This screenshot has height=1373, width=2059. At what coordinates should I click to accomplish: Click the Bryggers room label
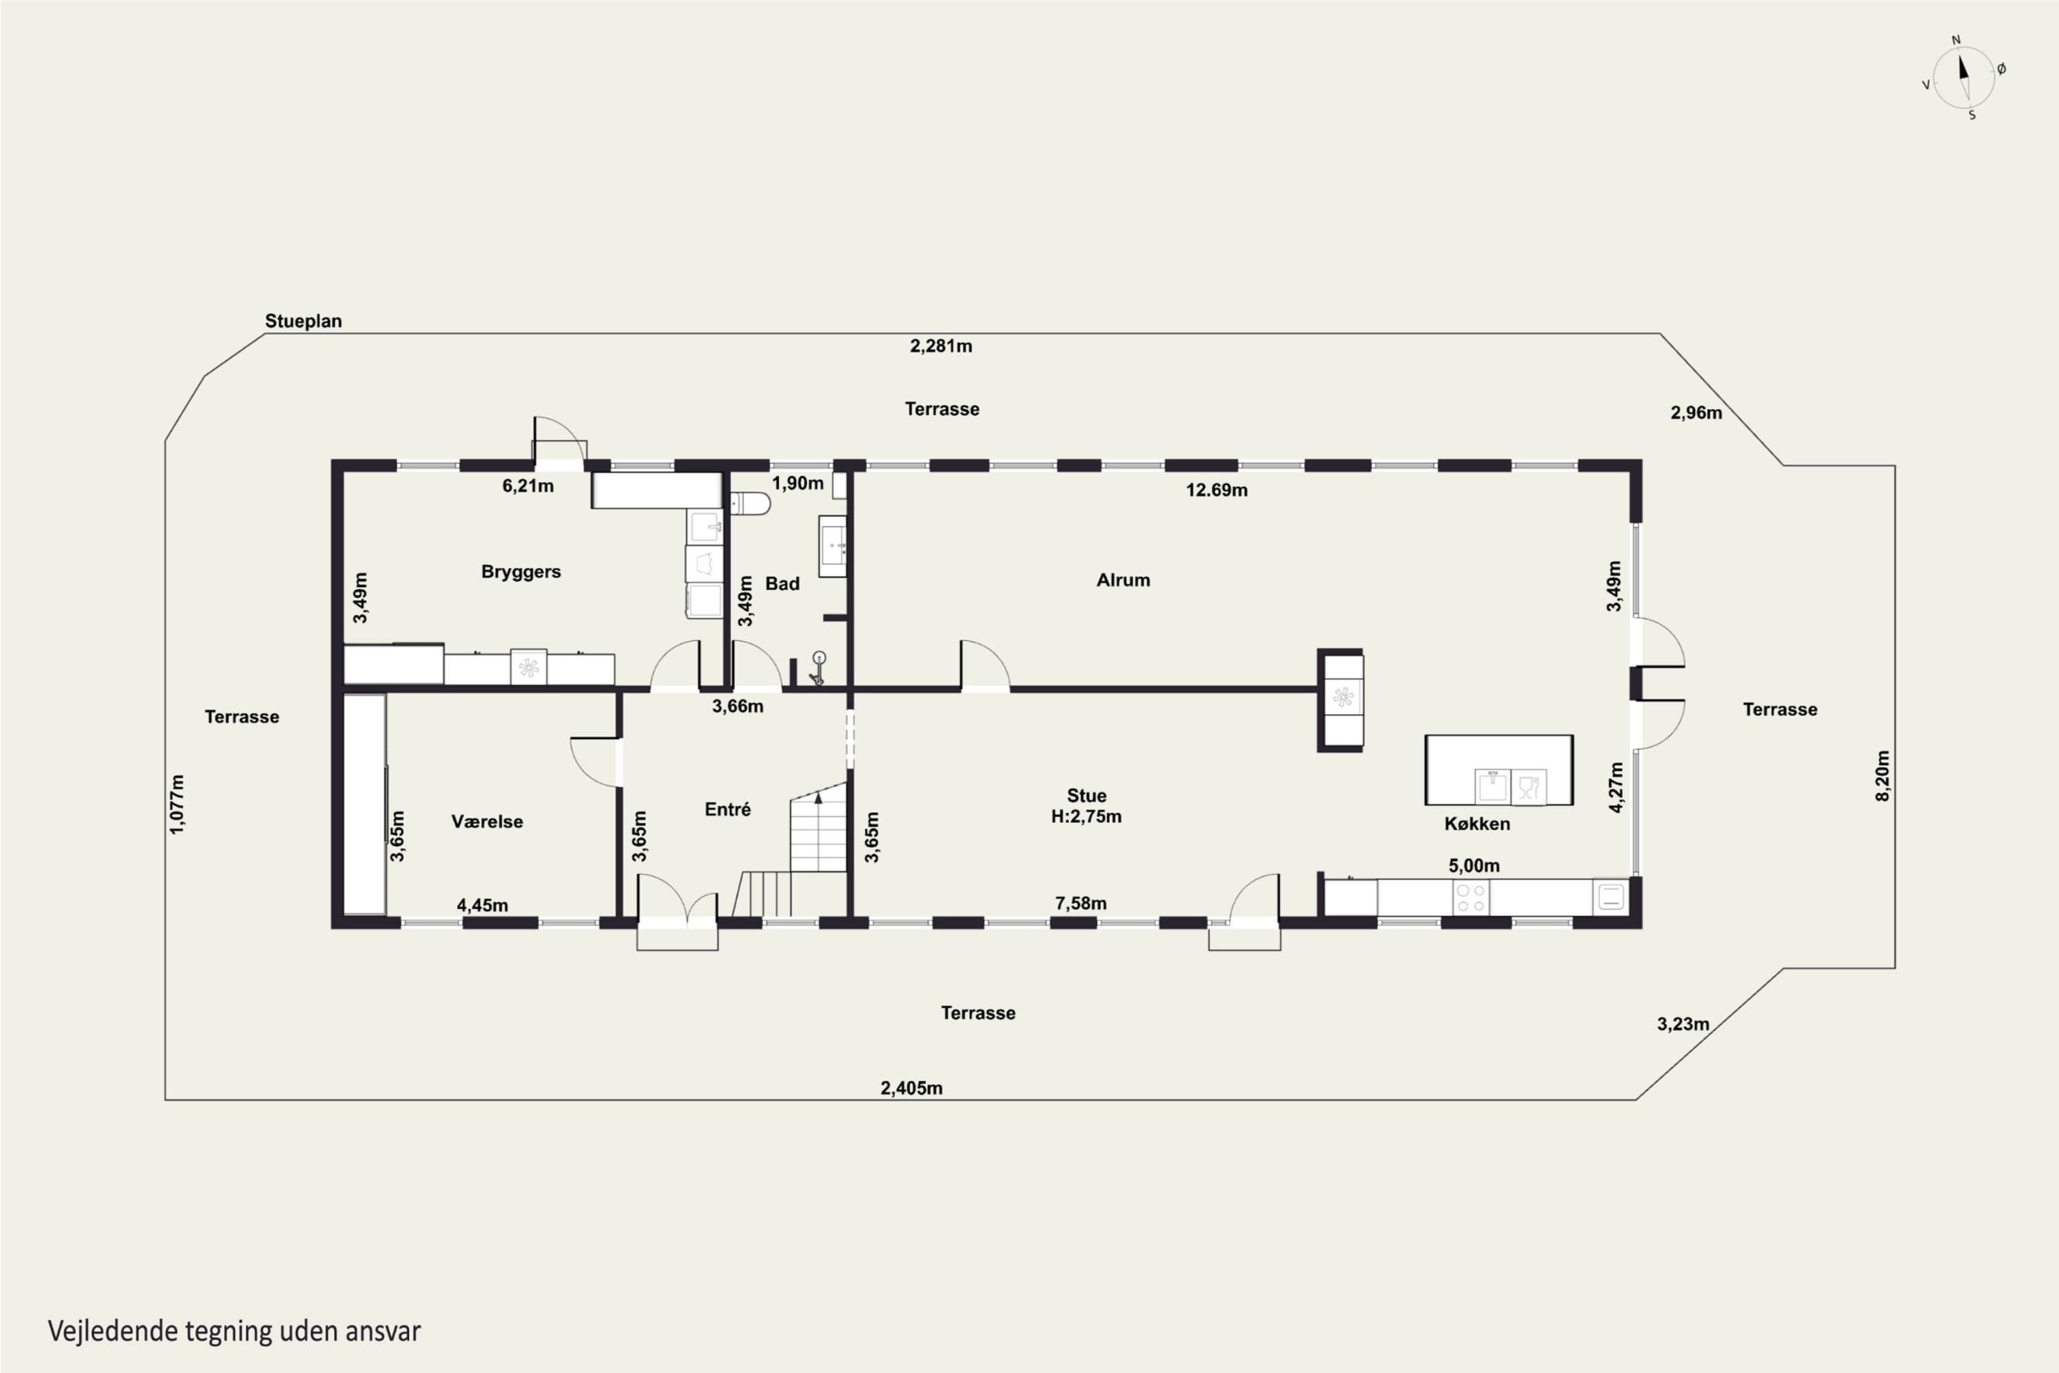(521, 573)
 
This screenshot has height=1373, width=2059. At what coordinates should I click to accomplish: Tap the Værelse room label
(487, 821)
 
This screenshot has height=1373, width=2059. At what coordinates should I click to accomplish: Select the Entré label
(728, 809)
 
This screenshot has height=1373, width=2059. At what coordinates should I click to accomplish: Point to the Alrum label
(1123, 579)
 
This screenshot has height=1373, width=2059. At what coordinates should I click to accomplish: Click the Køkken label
(1477, 823)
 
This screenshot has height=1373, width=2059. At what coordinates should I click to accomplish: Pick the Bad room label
(782, 583)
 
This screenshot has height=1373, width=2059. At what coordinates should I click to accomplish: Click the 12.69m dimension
(1217, 489)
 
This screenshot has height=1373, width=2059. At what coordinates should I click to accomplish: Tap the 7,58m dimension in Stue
(1080, 903)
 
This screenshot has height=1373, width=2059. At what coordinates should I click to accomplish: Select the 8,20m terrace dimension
(1882, 776)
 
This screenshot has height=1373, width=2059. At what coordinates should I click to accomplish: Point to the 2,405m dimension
(911, 1087)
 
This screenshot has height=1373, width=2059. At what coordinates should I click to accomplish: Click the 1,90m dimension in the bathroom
(798, 483)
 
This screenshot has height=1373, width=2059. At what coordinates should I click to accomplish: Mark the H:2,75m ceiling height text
(1086, 816)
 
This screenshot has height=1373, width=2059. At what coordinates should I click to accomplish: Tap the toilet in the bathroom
(750, 503)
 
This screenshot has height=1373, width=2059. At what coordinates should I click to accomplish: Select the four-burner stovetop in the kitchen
(1471, 897)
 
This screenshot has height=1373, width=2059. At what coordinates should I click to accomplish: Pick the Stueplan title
(303, 321)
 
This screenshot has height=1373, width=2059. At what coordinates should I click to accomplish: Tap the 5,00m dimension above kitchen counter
(1474, 866)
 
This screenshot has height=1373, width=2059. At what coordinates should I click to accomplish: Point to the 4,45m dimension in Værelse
(482, 905)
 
